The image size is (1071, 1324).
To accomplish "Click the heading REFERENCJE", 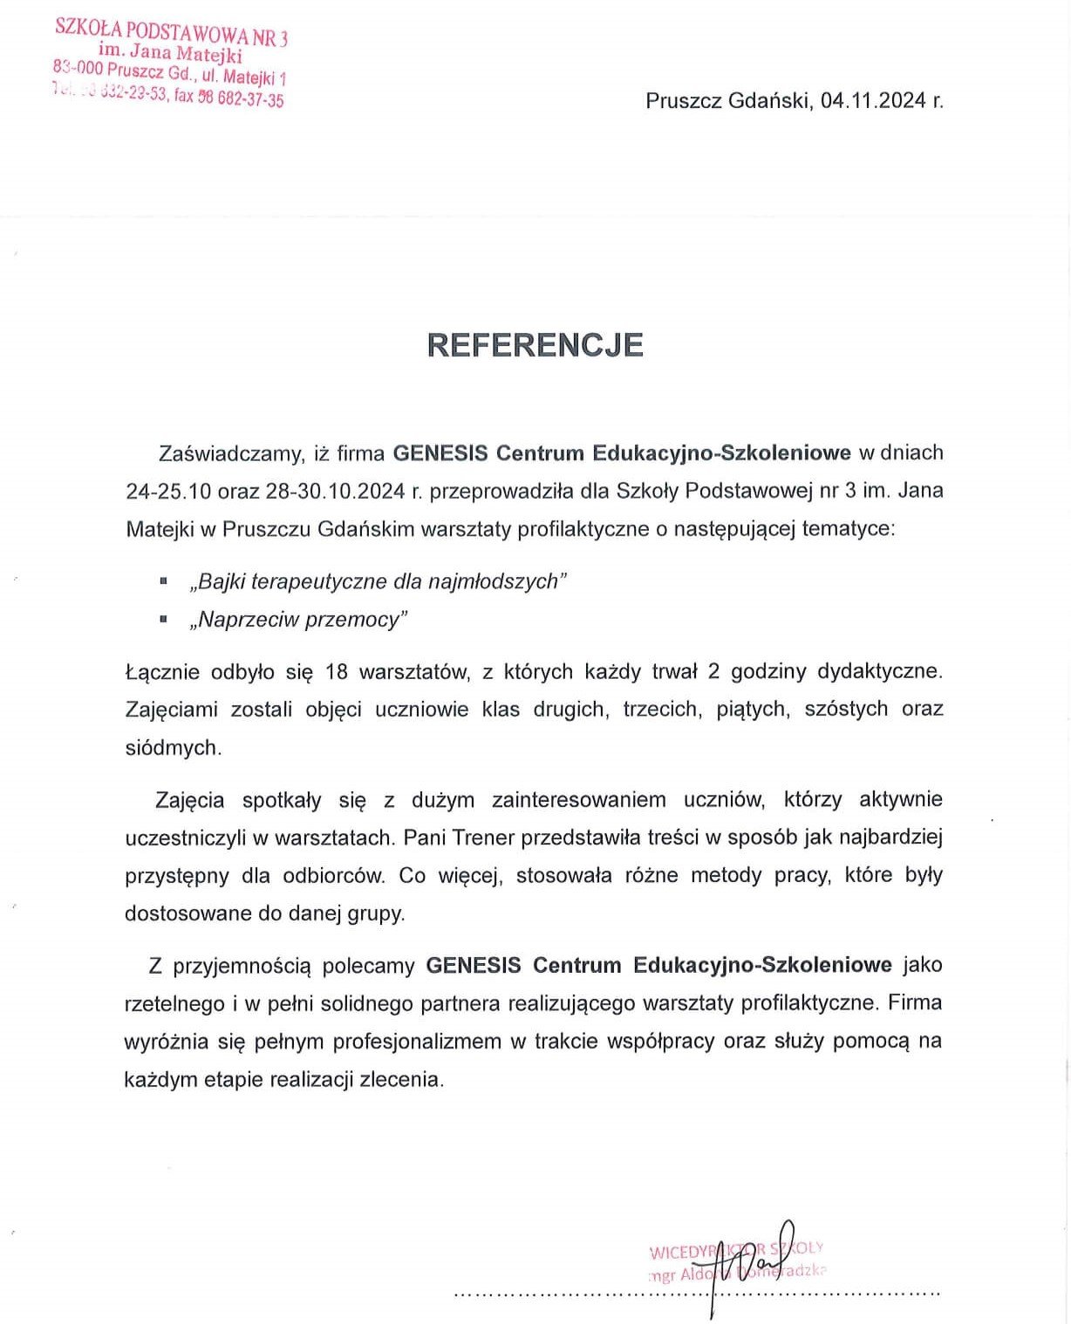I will point(535,345).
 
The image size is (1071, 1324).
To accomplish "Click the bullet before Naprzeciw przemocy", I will point(163,618).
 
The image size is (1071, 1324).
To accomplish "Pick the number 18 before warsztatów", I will point(336,671).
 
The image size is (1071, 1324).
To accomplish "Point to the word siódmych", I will point(173,748).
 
